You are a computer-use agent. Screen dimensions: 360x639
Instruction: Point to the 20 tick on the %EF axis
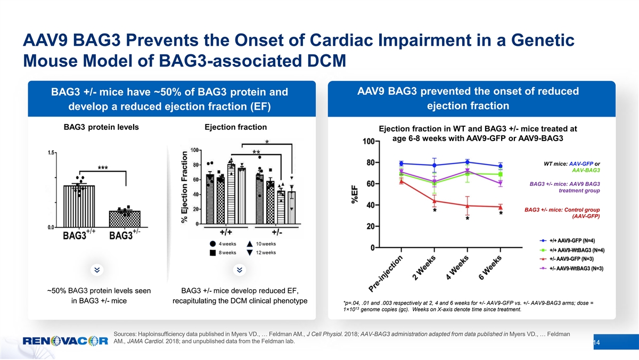[x=371, y=226]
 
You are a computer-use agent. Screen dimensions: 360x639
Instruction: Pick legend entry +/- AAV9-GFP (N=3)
[x=569, y=259]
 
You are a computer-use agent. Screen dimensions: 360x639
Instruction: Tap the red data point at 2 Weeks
[x=435, y=201]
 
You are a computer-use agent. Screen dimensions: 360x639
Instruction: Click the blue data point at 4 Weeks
[x=467, y=162]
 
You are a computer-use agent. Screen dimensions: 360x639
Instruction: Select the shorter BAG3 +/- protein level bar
[x=125, y=218]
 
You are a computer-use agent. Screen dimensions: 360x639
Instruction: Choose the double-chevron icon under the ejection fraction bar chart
[x=240, y=270]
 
